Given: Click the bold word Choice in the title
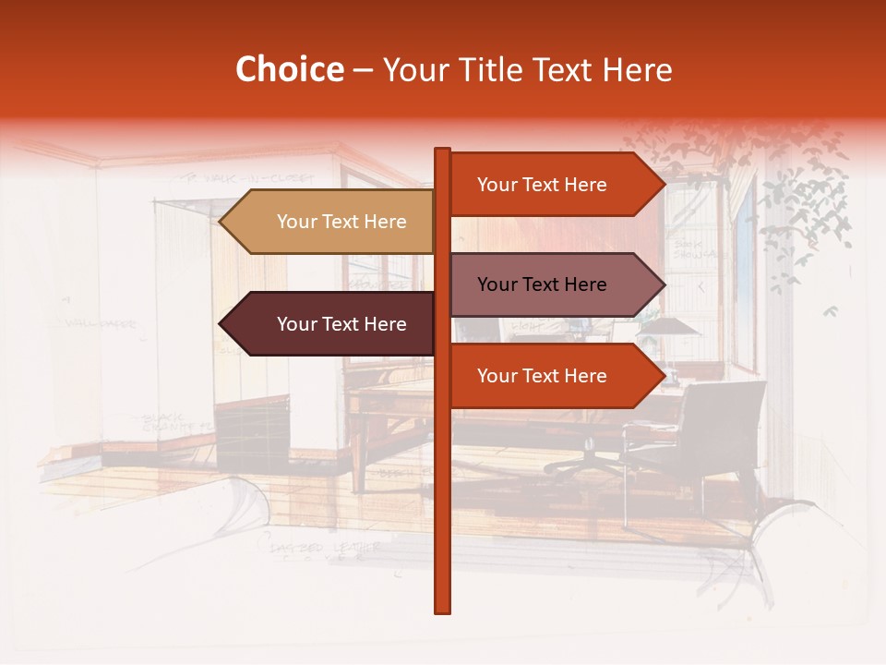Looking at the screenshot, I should [289, 69].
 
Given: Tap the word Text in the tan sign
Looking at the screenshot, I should [343, 222].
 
